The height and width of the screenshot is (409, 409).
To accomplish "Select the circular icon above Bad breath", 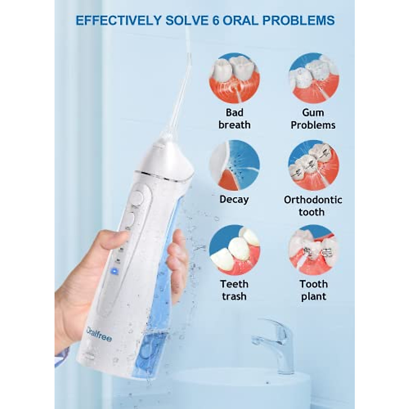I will (x=234, y=78).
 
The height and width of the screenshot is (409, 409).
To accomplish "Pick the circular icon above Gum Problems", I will (x=314, y=78).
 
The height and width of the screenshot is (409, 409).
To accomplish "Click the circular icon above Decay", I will (x=234, y=165).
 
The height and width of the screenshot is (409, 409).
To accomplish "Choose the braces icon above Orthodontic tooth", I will (x=314, y=165).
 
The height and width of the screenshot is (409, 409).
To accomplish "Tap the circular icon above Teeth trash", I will (x=234, y=250).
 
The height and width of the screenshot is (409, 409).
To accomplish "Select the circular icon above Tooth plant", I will (x=314, y=250).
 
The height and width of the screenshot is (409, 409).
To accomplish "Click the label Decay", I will (x=234, y=199).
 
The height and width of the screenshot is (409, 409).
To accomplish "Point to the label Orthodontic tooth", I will (x=313, y=206).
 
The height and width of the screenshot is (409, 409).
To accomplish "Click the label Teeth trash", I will (x=234, y=290).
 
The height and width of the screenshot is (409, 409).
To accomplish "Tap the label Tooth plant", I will (x=314, y=290).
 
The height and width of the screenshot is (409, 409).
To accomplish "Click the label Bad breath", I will (x=234, y=119).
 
